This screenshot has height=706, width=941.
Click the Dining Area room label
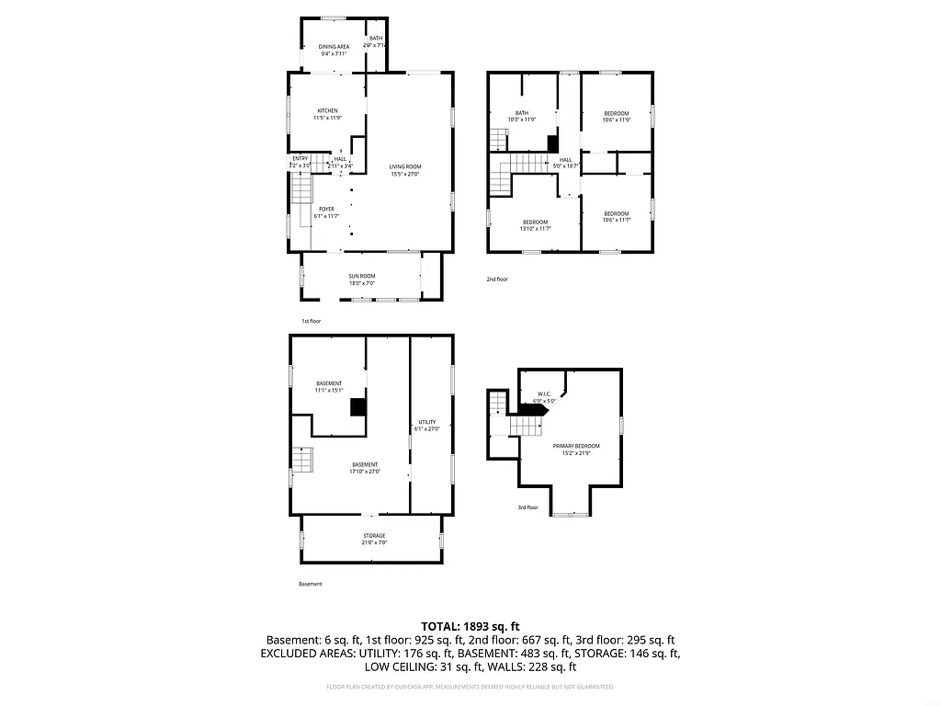334,47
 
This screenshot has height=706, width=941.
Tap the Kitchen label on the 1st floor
327,111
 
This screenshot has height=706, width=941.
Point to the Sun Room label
361,276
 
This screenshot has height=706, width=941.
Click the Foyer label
326,209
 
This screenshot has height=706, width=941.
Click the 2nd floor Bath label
521,113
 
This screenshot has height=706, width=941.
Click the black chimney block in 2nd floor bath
552,143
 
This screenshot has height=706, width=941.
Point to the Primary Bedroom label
571,446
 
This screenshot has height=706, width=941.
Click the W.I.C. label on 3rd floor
543,394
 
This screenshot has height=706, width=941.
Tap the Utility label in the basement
427,422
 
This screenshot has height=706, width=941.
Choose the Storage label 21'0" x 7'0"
373,535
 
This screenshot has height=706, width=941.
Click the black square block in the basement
358,406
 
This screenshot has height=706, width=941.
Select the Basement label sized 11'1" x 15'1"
328,383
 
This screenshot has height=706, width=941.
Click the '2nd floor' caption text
496,279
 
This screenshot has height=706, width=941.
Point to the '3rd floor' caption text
527,507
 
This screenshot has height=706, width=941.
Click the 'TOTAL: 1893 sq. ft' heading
470,625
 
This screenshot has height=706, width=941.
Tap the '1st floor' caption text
311,321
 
